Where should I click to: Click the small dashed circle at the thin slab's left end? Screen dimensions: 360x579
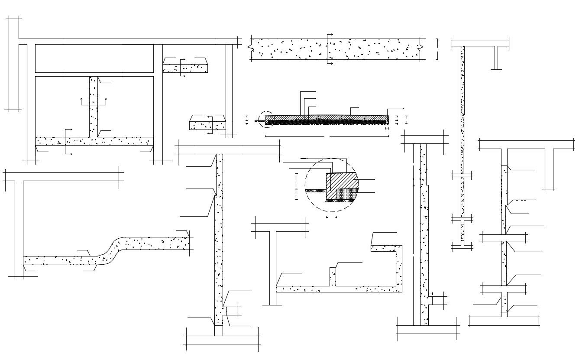(x=265, y=119)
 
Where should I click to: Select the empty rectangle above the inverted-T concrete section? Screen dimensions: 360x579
(x=94, y=58)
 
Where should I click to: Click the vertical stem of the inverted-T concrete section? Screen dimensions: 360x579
(x=94, y=106)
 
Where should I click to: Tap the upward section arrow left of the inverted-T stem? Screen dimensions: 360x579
(x=81, y=101)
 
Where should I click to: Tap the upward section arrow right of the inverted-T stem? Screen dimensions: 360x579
(x=107, y=101)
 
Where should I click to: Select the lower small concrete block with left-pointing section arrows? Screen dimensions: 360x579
(x=207, y=125)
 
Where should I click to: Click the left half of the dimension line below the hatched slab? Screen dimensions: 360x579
(x=294, y=136)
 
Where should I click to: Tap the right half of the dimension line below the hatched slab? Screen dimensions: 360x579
(x=359, y=136)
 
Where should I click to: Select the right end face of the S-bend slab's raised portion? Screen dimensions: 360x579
(x=189, y=243)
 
